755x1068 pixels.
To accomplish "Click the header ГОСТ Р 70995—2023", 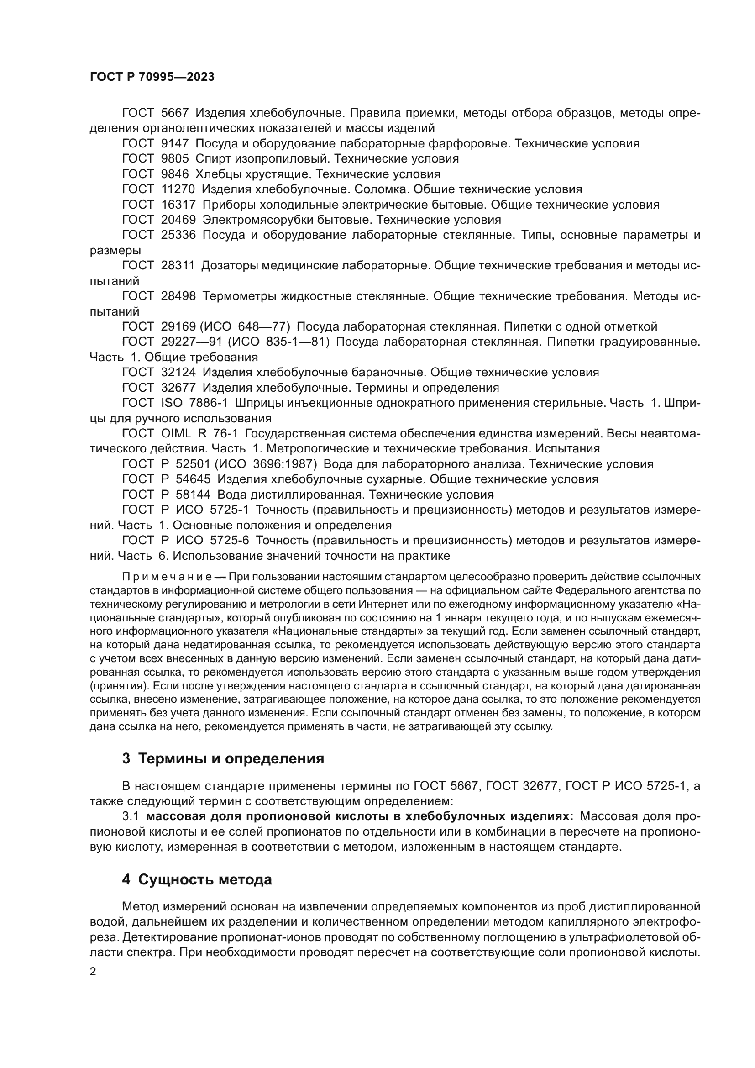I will click(152, 77).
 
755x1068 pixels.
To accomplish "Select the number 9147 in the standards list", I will click(175, 144).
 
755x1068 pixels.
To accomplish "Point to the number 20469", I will click(178, 220).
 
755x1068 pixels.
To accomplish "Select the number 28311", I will click(178, 266).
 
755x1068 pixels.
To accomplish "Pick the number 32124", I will click(178, 373).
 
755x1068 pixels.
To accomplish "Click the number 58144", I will click(193, 495).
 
